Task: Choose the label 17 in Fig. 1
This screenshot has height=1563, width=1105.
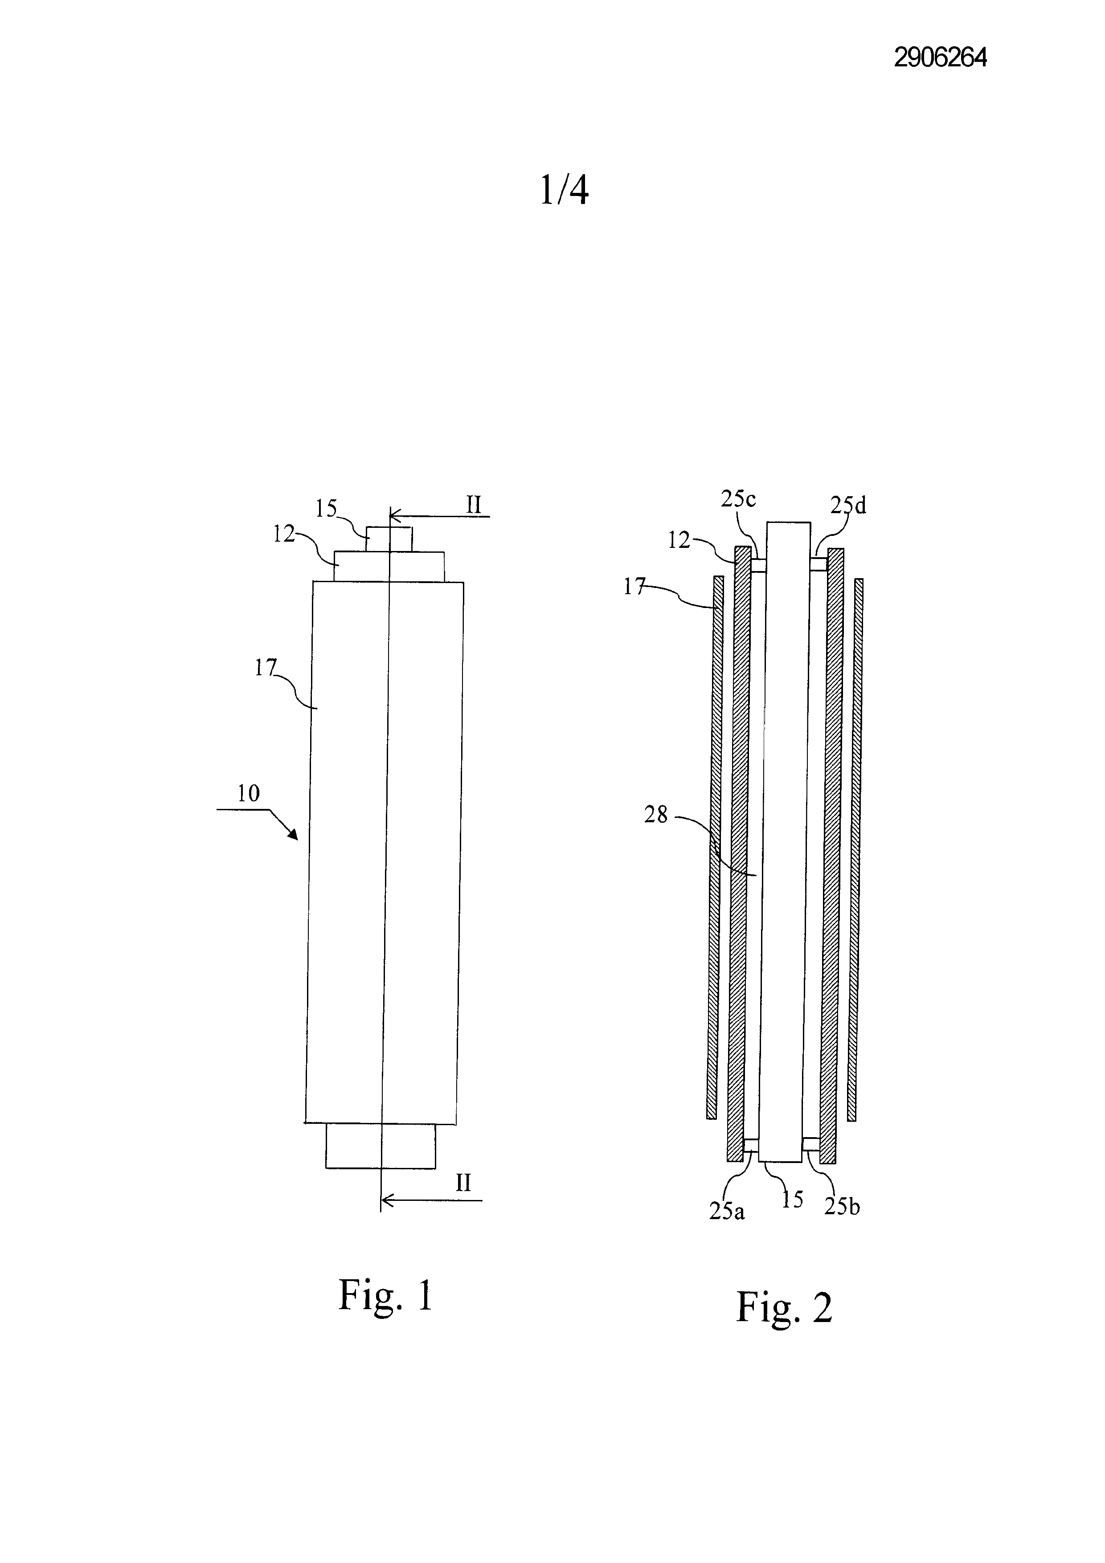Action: click(x=266, y=669)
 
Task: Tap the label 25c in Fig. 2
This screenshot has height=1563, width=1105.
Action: click(x=738, y=499)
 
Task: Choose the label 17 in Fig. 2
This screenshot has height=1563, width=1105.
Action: click(x=634, y=587)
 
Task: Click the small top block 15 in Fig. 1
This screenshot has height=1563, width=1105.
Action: click(x=389, y=539)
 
